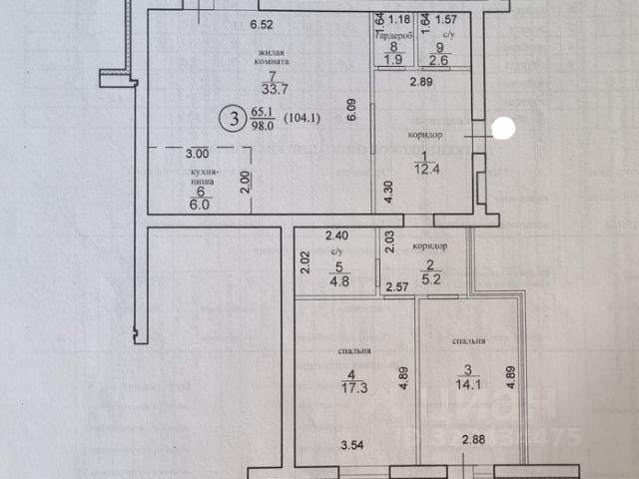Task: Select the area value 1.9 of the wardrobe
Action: click(x=393, y=60)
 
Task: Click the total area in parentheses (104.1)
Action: click(x=304, y=120)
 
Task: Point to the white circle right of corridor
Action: click(x=503, y=128)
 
